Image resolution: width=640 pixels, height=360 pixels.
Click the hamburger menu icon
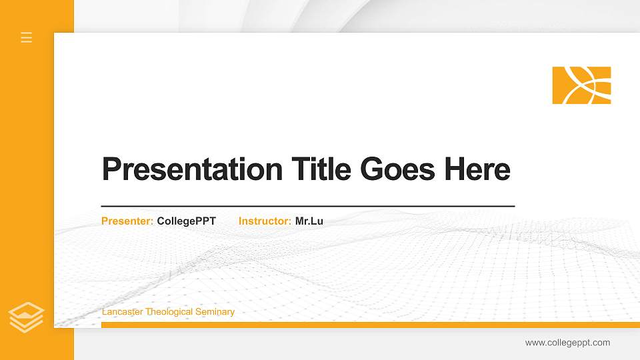coord(27,37)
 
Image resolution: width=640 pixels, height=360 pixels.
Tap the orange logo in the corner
coord(581,85)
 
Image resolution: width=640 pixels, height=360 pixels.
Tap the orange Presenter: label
coord(127,221)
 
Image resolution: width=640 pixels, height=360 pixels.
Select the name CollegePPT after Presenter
coord(187,221)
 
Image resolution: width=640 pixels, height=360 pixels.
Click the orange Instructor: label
coord(265,221)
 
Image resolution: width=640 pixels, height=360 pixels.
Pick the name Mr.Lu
coord(309,221)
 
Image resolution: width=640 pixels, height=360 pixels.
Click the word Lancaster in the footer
coord(123,312)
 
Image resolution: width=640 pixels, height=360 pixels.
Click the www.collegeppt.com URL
coord(567,343)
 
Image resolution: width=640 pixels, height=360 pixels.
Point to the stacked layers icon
coord(27,317)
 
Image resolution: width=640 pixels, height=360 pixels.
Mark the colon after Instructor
coord(289,221)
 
